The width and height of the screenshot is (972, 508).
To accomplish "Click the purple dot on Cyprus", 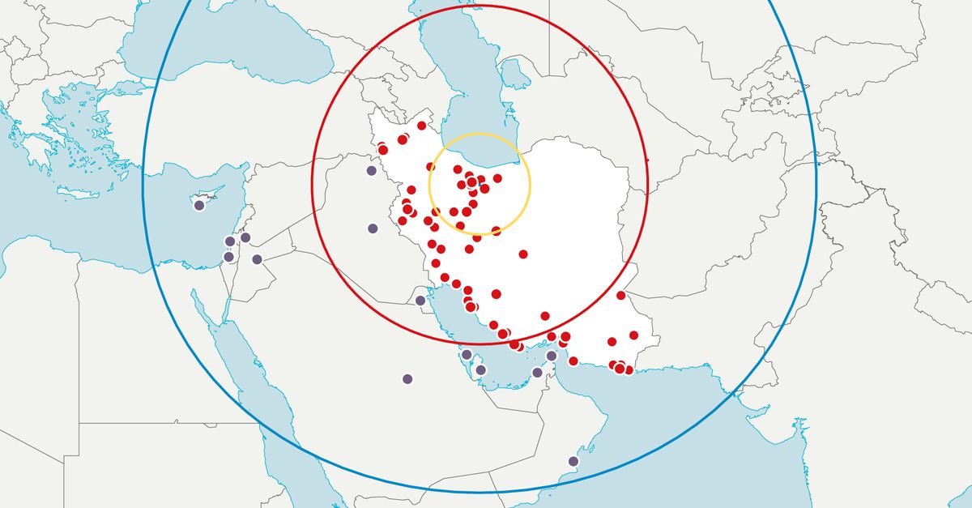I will click(199, 206).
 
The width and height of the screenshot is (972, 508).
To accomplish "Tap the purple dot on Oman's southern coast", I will click(573, 461).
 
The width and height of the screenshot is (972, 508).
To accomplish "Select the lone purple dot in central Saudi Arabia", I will click(407, 378).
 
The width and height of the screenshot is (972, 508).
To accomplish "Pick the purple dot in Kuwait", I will click(420, 301).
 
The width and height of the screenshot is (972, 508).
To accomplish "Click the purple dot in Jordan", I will click(257, 259).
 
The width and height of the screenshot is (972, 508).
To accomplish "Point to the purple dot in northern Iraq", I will click(371, 170).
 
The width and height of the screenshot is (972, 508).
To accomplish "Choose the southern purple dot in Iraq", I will click(373, 228).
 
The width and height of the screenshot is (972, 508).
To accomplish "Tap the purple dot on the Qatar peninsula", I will click(480, 369).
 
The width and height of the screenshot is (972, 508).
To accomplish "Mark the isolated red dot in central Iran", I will click(523, 254).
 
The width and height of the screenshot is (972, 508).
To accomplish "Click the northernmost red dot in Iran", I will click(421, 126).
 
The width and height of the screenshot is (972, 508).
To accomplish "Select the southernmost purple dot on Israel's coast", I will click(228, 257).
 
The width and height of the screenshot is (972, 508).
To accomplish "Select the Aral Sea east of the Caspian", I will click(515, 74).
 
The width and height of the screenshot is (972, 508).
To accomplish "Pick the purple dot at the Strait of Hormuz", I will click(552, 356).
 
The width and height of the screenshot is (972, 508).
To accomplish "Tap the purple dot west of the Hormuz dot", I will click(537, 373).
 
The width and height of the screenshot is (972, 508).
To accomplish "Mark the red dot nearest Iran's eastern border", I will click(620, 296).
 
